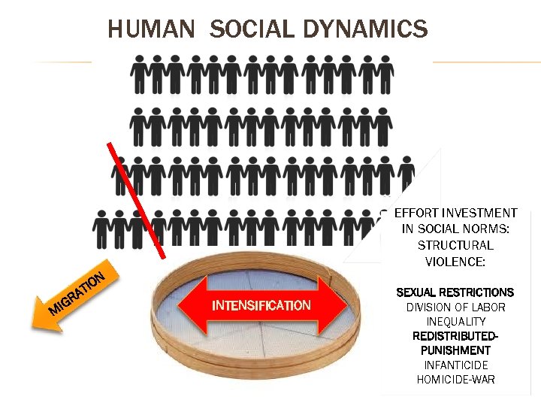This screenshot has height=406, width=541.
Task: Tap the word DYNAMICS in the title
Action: [x=366, y=29]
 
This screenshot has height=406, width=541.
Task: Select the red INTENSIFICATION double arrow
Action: [x=260, y=305]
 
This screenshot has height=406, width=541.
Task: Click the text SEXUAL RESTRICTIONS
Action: [x=455, y=292]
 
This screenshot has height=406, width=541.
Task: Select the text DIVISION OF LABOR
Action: [x=455, y=307]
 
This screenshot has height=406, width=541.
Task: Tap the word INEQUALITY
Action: [x=455, y=322]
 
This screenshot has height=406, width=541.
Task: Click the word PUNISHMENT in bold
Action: [x=455, y=350]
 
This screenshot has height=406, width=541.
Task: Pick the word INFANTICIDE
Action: [x=455, y=365]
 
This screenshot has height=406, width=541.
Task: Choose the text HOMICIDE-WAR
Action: [x=455, y=379]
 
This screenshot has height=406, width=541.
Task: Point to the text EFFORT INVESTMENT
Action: [x=455, y=214]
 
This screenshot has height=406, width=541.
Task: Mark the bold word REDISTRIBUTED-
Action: [x=455, y=336]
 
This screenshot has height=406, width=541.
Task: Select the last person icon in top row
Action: [x=385, y=75]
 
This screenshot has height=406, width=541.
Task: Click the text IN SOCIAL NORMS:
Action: [x=455, y=229]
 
